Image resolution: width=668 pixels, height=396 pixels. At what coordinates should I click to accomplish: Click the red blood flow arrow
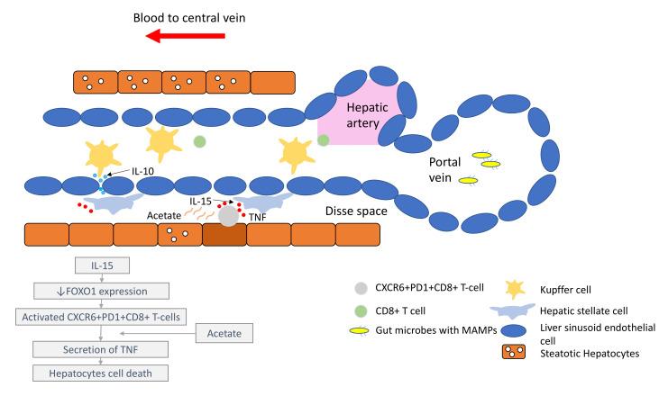(186, 36)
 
